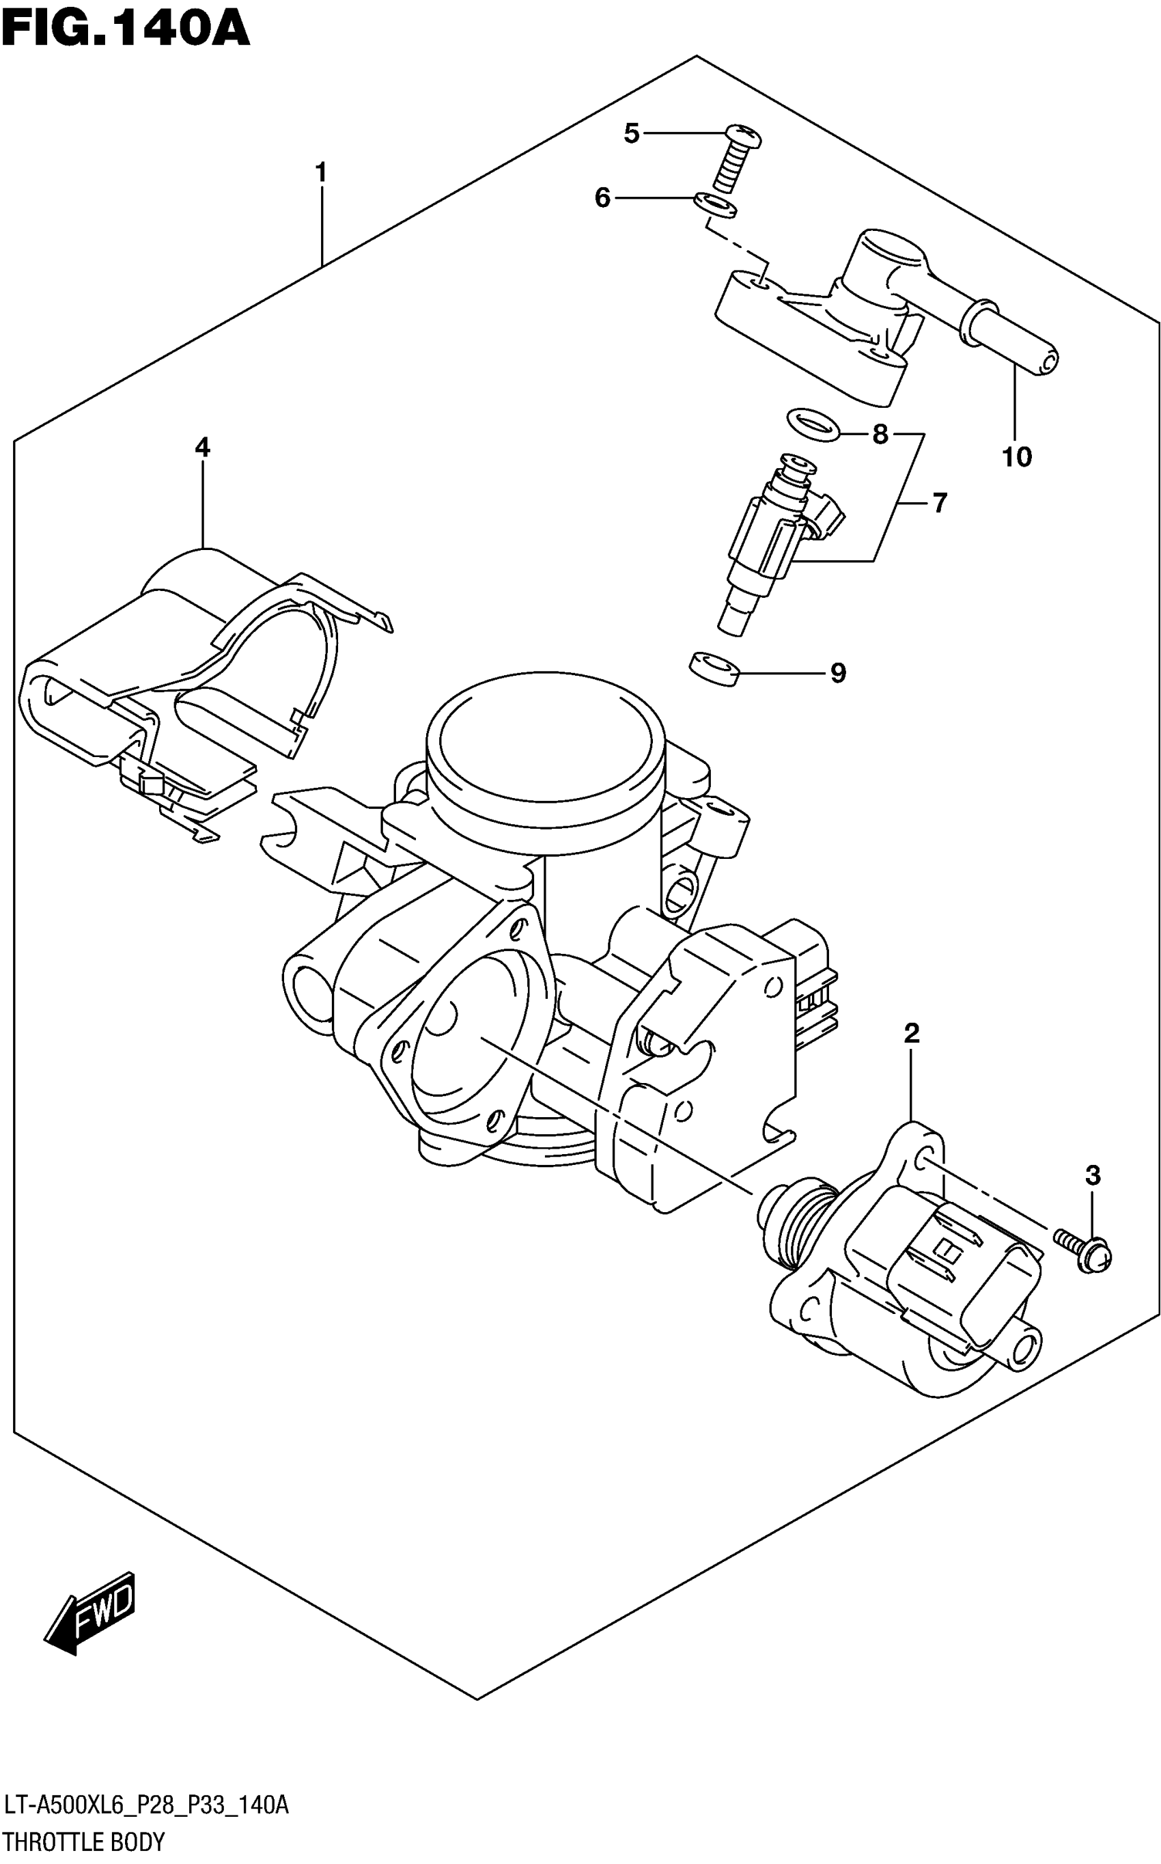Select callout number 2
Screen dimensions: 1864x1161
coord(912,1034)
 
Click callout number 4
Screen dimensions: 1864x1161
coord(202,448)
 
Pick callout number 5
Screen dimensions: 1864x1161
coord(631,134)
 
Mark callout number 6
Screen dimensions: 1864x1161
coord(603,198)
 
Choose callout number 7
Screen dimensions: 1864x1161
coord(940,503)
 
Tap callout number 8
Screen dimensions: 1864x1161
coord(880,435)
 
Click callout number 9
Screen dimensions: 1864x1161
coord(838,674)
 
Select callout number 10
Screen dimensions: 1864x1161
coord(1017,458)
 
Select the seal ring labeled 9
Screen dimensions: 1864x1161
coord(714,668)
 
